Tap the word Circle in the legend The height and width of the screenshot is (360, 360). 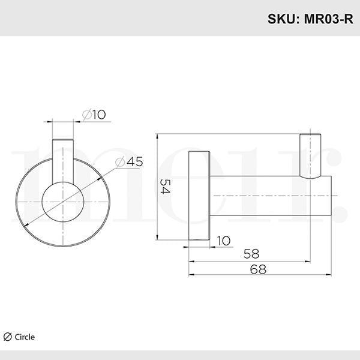[25, 337]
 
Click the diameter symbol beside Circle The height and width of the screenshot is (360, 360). [8, 337]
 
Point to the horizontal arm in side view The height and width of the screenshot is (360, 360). [264, 196]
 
